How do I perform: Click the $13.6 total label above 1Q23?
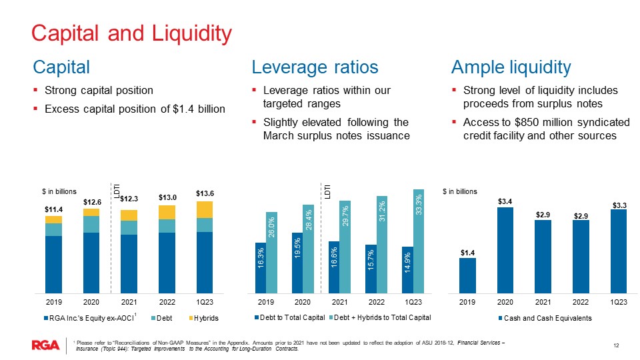pyautogui.click(x=205, y=193)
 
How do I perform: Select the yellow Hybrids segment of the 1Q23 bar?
pyautogui.click(x=205, y=209)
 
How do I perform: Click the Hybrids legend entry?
pyautogui.click(x=205, y=318)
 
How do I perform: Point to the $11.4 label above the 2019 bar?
pyautogui.click(x=53, y=209)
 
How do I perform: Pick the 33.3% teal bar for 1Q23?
pyautogui.click(x=419, y=241)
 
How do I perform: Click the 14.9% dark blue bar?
pyautogui.click(x=407, y=269)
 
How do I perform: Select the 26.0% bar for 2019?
pyautogui.click(x=271, y=252)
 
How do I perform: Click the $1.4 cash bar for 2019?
pyautogui.click(x=467, y=275)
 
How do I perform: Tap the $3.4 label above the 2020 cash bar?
pyautogui.click(x=505, y=200)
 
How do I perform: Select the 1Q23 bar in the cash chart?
pyautogui.click(x=619, y=251)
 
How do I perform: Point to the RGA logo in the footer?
pyautogui.click(x=45, y=345)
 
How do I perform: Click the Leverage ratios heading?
pyautogui.click(x=315, y=67)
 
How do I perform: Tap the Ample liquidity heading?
pyautogui.click(x=511, y=67)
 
